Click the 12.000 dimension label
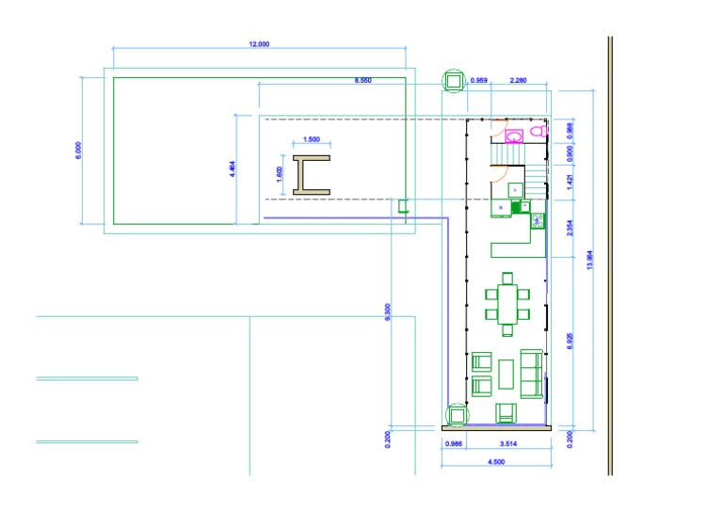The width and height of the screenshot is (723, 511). [x=259, y=44]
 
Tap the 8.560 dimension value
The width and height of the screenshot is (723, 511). [x=362, y=80]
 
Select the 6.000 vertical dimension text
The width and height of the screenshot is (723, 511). [x=78, y=151]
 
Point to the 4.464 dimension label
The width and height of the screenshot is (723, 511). [x=233, y=168]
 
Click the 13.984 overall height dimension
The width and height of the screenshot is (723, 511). [x=589, y=260]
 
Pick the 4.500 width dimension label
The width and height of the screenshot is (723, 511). [x=496, y=461]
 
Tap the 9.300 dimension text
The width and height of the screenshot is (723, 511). [x=387, y=311]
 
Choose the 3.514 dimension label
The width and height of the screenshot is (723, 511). [x=508, y=444]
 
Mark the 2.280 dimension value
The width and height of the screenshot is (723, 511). [x=519, y=80]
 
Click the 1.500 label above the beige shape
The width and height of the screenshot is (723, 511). [x=312, y=139]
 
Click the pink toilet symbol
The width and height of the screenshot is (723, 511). [x=538, y=132]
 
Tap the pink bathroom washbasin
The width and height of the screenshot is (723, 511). [x=514, y=136]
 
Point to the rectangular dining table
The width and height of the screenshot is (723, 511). [x=507, y=305]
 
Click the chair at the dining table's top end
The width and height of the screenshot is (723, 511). [x=507, y=278]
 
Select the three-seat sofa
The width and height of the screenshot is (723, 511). [x=532, y=374]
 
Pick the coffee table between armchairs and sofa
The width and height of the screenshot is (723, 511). [x=506, y=375]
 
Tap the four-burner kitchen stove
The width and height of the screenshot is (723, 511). [x=538, y=221]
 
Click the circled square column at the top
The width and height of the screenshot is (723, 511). [x=454, y=81]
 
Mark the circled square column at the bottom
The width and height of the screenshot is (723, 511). [x=457, y=415]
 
